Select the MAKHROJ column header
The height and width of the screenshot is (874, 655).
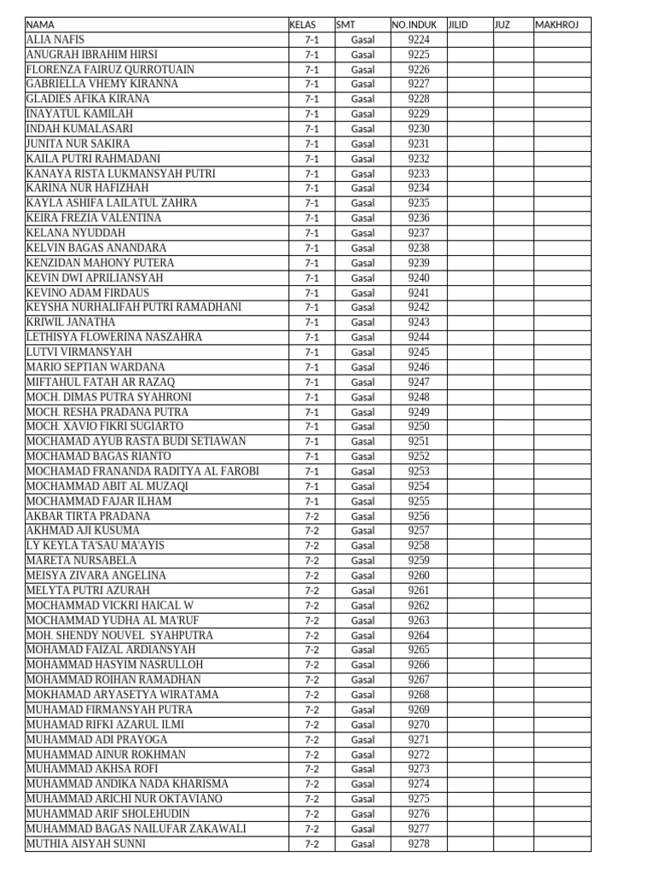point(557,25)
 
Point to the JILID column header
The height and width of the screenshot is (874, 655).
point(459,25)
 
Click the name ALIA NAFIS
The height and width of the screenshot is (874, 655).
point(56,39)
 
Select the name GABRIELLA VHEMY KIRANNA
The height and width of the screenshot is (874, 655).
point(102,84)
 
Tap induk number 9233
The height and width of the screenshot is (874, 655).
point(419,173)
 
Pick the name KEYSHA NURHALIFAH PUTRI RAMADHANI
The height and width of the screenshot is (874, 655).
point(134,307)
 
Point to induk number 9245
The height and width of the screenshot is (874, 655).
point(419,352)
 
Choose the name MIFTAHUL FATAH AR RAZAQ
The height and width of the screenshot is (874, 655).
point(101,382)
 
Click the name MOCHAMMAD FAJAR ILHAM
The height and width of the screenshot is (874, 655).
point(99,501)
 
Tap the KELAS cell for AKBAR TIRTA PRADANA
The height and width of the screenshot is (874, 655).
point(311,516)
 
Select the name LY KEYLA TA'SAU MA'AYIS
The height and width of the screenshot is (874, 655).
point(96,545)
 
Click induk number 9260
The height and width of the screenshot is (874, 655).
point(419,575)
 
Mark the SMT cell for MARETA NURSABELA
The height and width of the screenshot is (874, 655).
point(362,561)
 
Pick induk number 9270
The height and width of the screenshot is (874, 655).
point(419,725)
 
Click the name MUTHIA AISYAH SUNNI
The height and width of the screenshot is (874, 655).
point(86,843)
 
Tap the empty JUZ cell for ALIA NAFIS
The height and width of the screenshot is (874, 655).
point(513,39)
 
